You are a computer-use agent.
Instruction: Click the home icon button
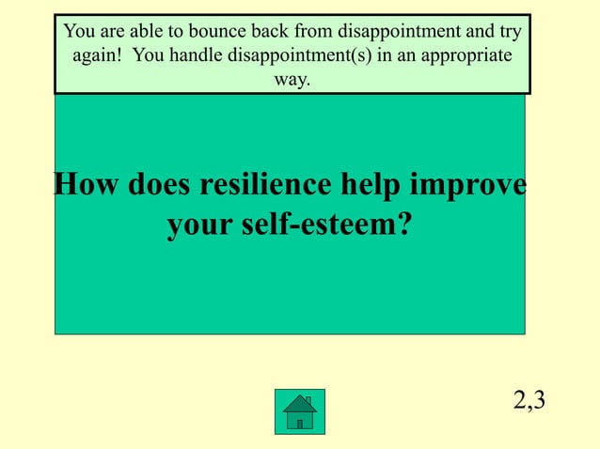pos(300,411)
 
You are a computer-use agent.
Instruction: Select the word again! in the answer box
pos(97,55)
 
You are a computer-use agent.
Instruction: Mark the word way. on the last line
pos(292,80)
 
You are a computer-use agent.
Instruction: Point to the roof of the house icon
pos(300,402)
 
